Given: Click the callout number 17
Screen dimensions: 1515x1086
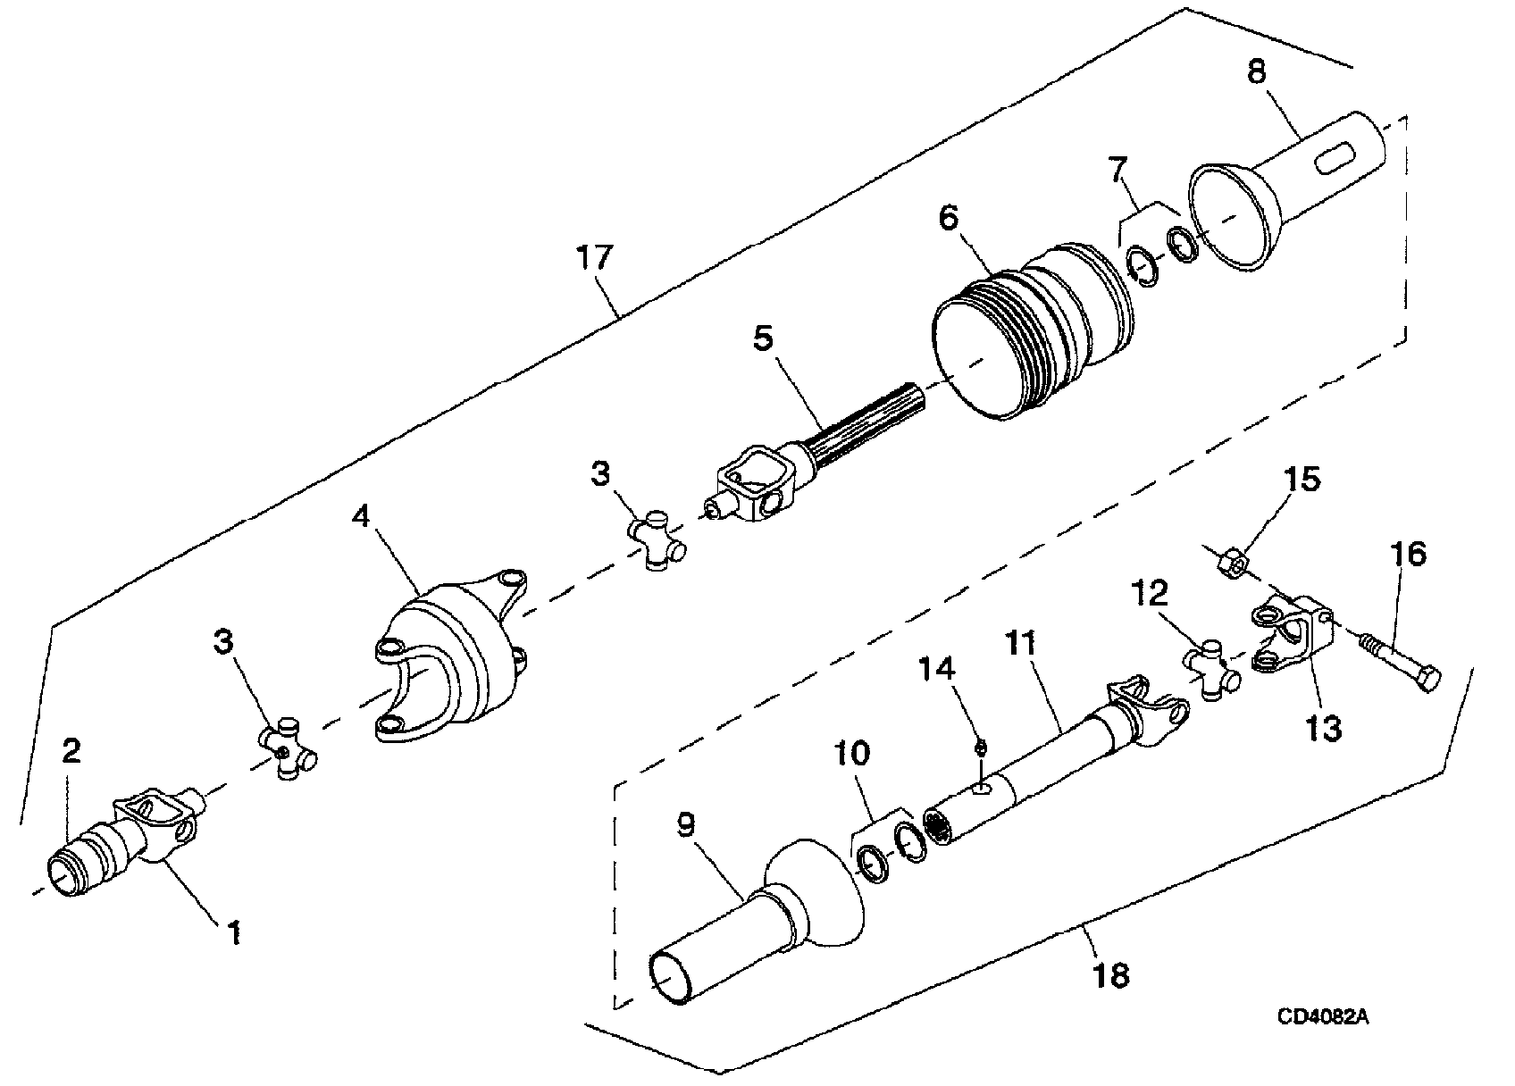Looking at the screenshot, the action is (595, 258).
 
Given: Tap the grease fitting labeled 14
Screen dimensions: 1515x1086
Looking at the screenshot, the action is (979, 748).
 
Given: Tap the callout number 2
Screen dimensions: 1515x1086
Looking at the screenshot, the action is (71, 750).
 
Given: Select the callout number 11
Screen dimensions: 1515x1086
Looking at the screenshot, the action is (1020, 644).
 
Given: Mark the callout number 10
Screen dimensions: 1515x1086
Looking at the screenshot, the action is (850, 753).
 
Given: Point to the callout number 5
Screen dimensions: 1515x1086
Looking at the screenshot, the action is (763, 338).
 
